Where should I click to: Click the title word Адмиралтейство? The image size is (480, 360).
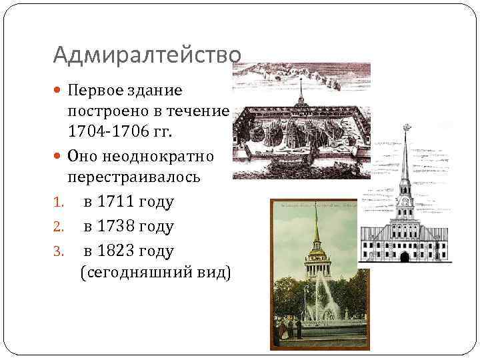[146, 53]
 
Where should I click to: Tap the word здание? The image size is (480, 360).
[158, 89]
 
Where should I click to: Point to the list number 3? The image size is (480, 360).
[57, 252]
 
